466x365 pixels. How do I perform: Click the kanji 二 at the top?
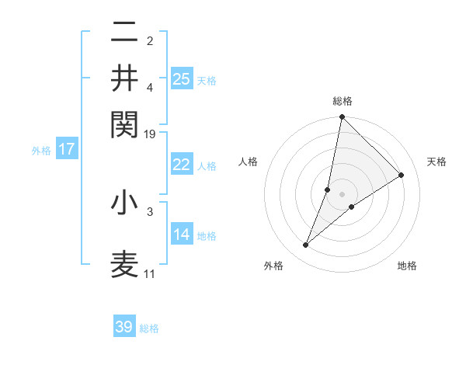(x=124, y=33)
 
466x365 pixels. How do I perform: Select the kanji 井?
(x=124, y=78)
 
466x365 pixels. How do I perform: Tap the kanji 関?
(x=124, y=123)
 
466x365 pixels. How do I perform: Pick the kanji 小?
(x=124, y=203)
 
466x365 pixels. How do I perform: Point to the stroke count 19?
(x=150, y=134)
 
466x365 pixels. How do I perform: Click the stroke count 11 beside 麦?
(x=150, y=273)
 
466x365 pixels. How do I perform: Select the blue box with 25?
(x=182, y=78)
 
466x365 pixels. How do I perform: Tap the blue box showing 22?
(x=182, y=165)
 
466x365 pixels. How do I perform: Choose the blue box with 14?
(x=182, y=235)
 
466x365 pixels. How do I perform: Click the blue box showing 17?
(x=67, y=149)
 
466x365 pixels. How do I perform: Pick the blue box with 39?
(x=124, y=327)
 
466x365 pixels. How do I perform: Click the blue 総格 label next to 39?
(x=149, y=328)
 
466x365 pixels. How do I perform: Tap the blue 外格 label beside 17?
(x=41, y=151)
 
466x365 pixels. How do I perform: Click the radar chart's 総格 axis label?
(x=342, y=101)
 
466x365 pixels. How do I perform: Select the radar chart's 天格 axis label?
(x=436, y=162)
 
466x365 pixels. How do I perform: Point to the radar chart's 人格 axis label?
(x=248, y=162)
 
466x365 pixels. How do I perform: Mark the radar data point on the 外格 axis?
(x=306, y=245)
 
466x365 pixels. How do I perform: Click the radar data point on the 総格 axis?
(x=342, y=117)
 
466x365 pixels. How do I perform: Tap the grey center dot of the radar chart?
(x=342, y=193)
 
